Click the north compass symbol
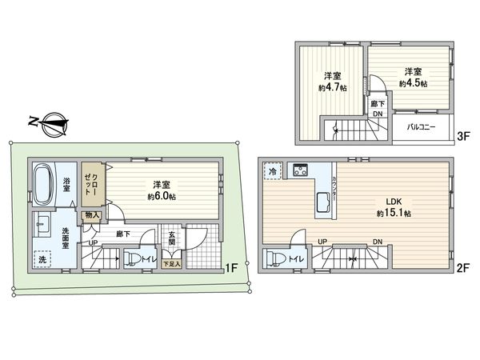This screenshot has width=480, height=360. coord(49,122)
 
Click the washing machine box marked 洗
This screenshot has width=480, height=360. coord(42,259)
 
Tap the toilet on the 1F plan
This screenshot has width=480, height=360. coord(130,258)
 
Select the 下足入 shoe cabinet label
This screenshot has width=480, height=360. coord(171,262)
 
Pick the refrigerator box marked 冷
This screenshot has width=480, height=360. coord(274,171)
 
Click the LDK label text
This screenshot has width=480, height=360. coord(394,202)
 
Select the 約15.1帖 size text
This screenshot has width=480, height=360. coord(394,214)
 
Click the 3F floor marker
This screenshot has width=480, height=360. coord(462,137)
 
